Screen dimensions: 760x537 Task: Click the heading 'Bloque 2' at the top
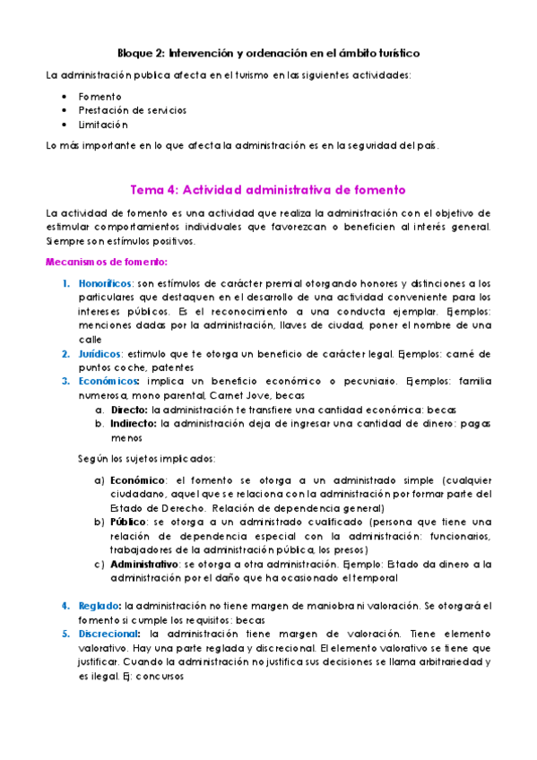(x=269, y=54)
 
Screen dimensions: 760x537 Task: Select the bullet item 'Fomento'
(x=100, y=96)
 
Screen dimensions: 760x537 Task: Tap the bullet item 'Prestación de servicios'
(x=132, y=110)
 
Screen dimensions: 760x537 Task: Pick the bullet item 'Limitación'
(x=102, y=125)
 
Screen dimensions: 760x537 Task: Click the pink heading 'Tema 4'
(x=268, y=190)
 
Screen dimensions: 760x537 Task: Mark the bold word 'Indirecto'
(x=134, y=423)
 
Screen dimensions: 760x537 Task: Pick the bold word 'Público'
(x=130, y=522)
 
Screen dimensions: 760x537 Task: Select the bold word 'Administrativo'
(x=144, y=564)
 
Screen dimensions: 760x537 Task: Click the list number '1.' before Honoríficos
(x=66, y=283)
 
